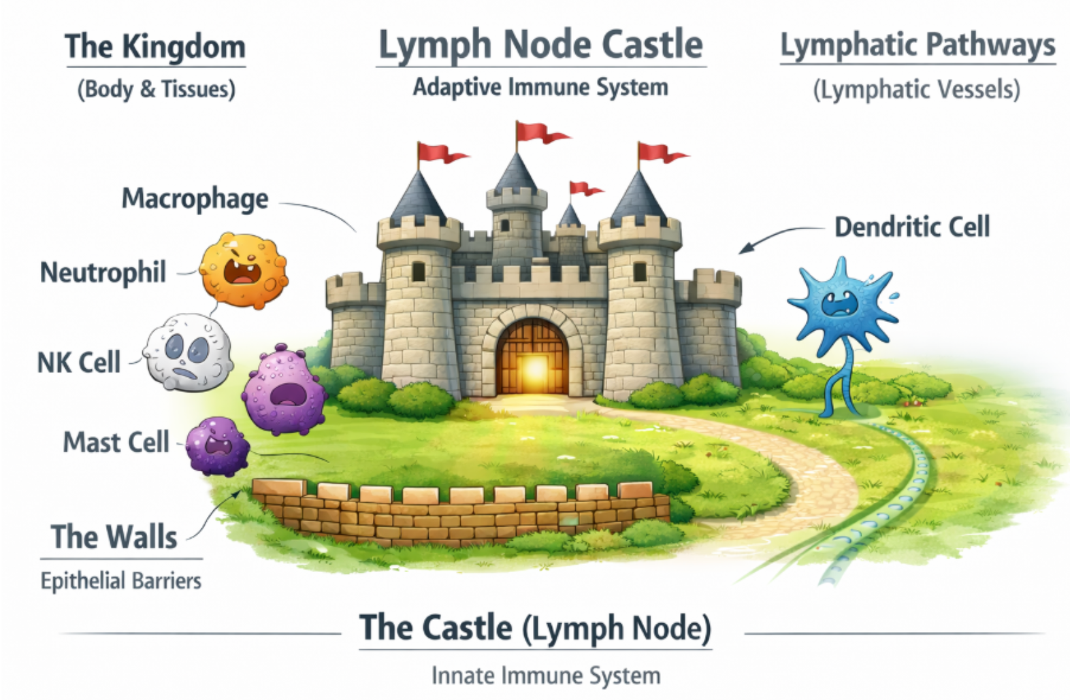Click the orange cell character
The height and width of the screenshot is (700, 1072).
[x=244, y=270]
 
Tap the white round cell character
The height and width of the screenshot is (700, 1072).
[x=189, y=352]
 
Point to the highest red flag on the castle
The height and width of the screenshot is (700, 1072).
[x=542, y=131]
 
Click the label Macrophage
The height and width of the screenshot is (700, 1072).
[x=195, y=199]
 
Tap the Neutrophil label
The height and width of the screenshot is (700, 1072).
[x=103, y=273]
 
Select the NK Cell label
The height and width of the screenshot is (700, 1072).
[x=79, y=362]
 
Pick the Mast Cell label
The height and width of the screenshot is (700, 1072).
[x=116, y=441]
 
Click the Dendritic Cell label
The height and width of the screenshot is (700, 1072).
[x=912, y=227]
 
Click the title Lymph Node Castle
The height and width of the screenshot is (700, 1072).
[x=541, y=46]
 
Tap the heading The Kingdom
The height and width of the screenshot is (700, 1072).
[x=156, y=47]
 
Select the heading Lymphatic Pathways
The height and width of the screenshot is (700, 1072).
[x=917, y=46]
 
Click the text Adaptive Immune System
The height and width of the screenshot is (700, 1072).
[x=541, y=88]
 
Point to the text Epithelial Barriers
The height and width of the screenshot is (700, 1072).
[x=121, y=581]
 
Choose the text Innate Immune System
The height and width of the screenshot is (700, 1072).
[x=546, y=676]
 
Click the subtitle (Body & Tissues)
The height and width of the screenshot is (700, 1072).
[x=157, y=90]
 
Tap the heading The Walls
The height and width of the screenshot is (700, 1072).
[x=114, y=537]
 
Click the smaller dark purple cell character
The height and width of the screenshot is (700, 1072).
[x=218, y=446]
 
